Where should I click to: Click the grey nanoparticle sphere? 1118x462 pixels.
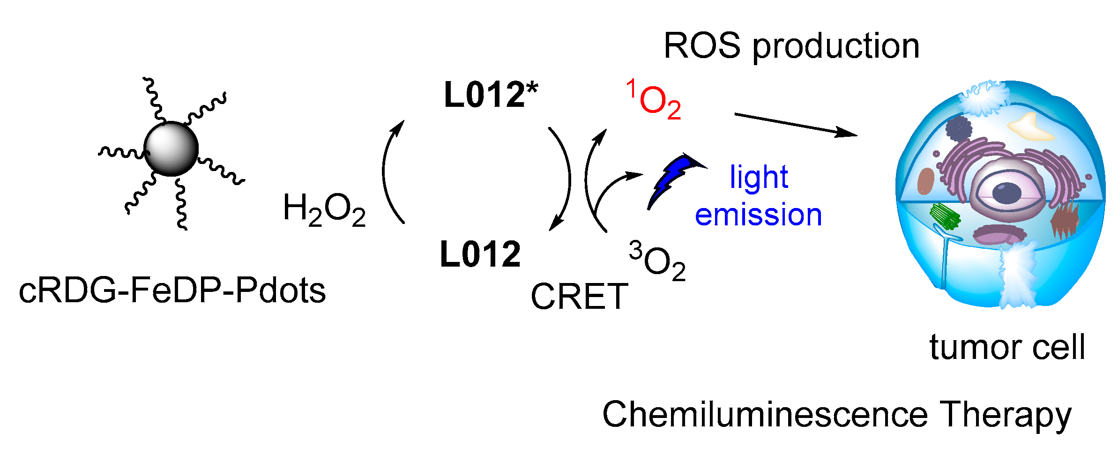pyautogui.click(x=171, y=149)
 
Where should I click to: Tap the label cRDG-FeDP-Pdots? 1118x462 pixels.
pyautogui.click(x=172, y=291)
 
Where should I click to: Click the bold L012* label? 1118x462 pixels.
pyautogui.click(x=491, y=95)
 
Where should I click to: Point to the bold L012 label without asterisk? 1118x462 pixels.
pyautogui.click(x=480, y=254)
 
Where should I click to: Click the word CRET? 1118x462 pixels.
pyautogui.click(x=579, y=297)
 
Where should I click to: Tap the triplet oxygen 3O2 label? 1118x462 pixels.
pyautogui.click(x=657, y=261)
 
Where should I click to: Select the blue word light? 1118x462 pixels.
pyautogui.click(x=759, y=178)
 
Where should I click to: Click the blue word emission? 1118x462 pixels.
pyautogui.click(x=758, y=215)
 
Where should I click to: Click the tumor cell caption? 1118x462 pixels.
pyautogui.click(x=1007, y=347)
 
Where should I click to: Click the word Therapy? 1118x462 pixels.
pyautogui.click(x=1007, y=415)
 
